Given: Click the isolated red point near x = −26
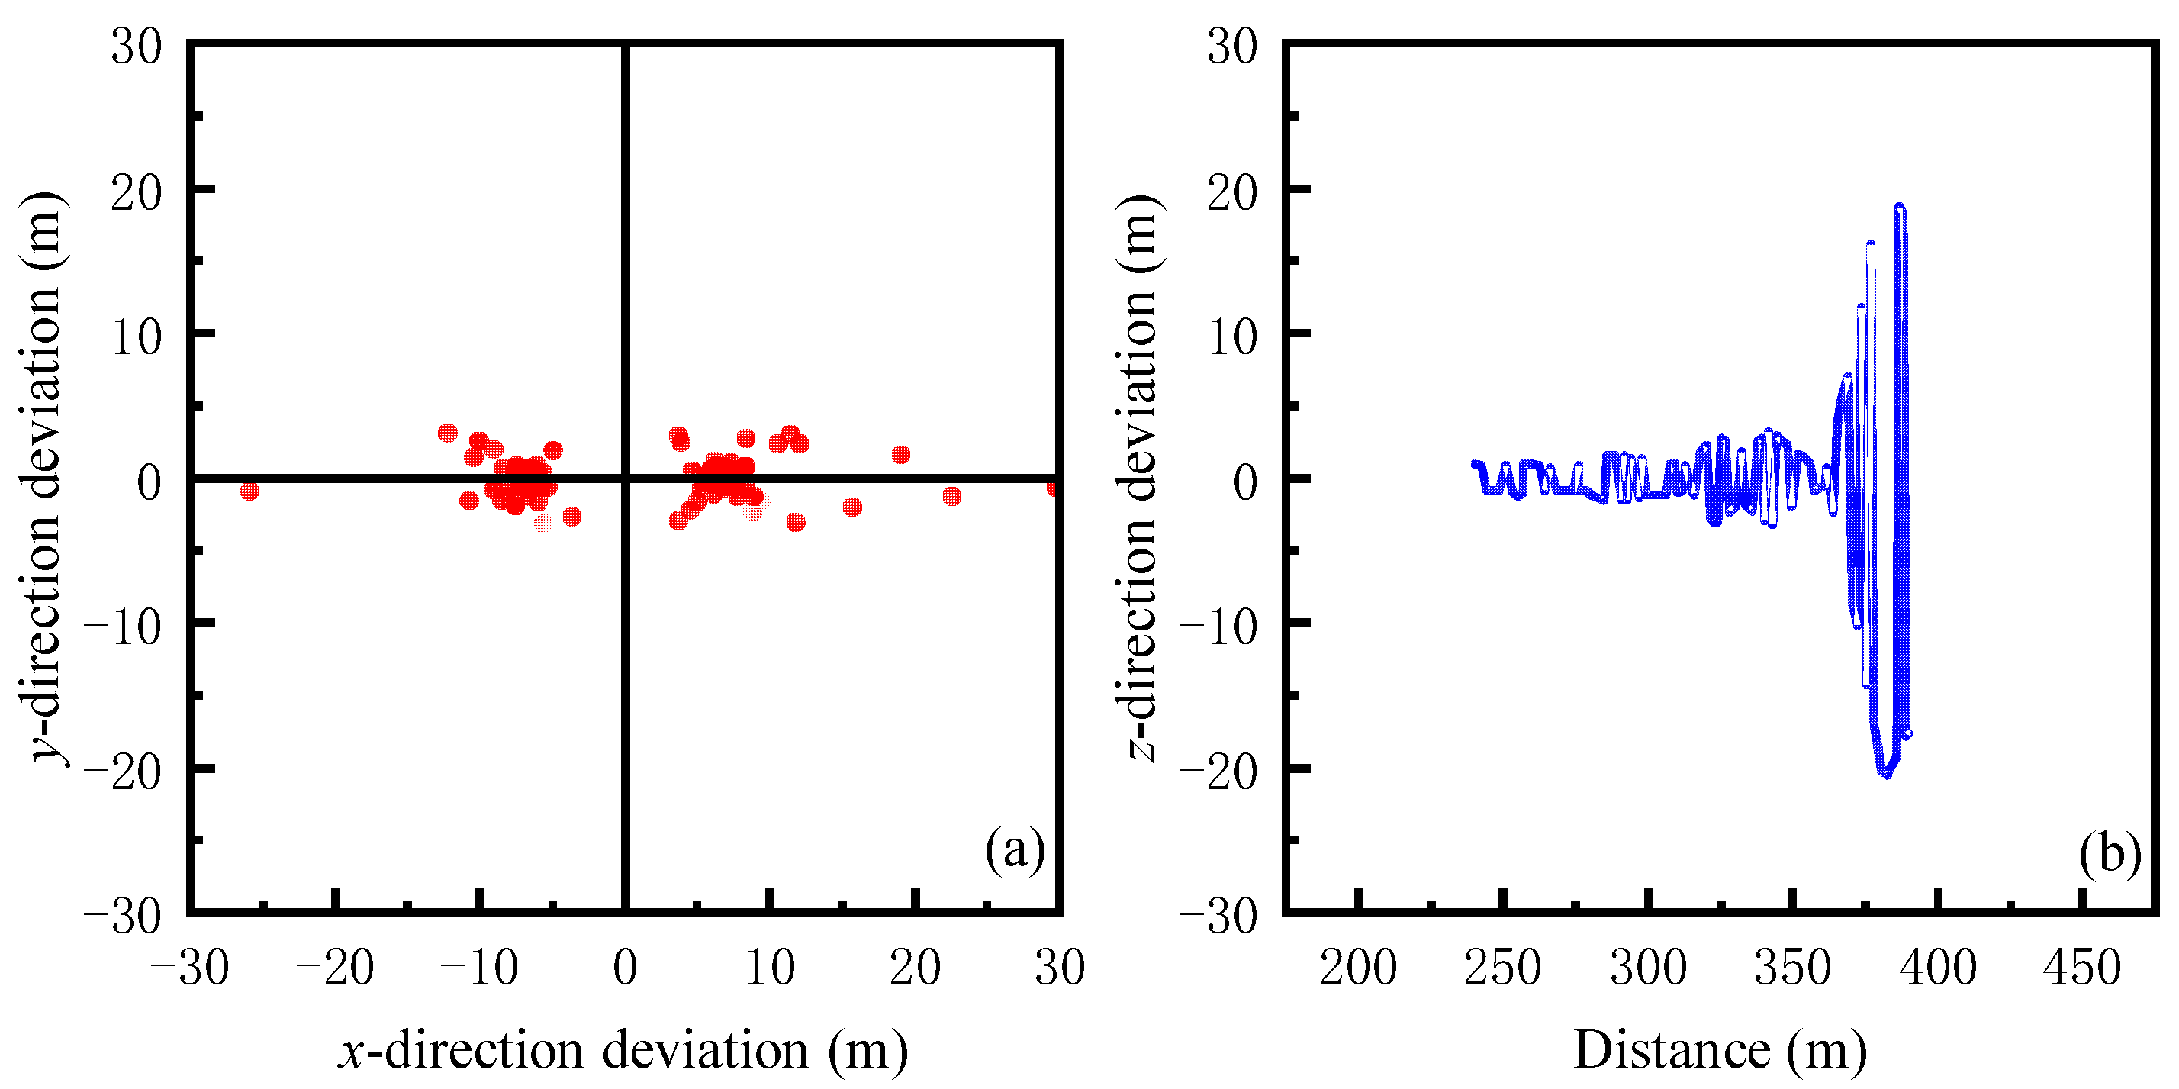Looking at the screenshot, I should [x=249, y=491].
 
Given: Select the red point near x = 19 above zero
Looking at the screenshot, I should [x=901, y=454].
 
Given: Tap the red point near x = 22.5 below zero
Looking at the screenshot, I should [x=951, y=496].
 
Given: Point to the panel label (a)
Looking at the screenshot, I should [x=1014, y=849].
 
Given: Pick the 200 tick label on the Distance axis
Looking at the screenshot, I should [x=1357, y=967].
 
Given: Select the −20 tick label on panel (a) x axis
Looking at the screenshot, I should [x=335, y=967].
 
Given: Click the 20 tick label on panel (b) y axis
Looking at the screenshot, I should [x=1232, y=193].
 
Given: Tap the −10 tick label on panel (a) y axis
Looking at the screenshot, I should [x=123, y=627].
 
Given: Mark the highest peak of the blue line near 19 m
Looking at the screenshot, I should [x=1900, y=205].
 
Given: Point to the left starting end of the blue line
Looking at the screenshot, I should [x=1473, y=464].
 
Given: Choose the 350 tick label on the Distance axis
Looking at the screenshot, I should [x=1792, y=967].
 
